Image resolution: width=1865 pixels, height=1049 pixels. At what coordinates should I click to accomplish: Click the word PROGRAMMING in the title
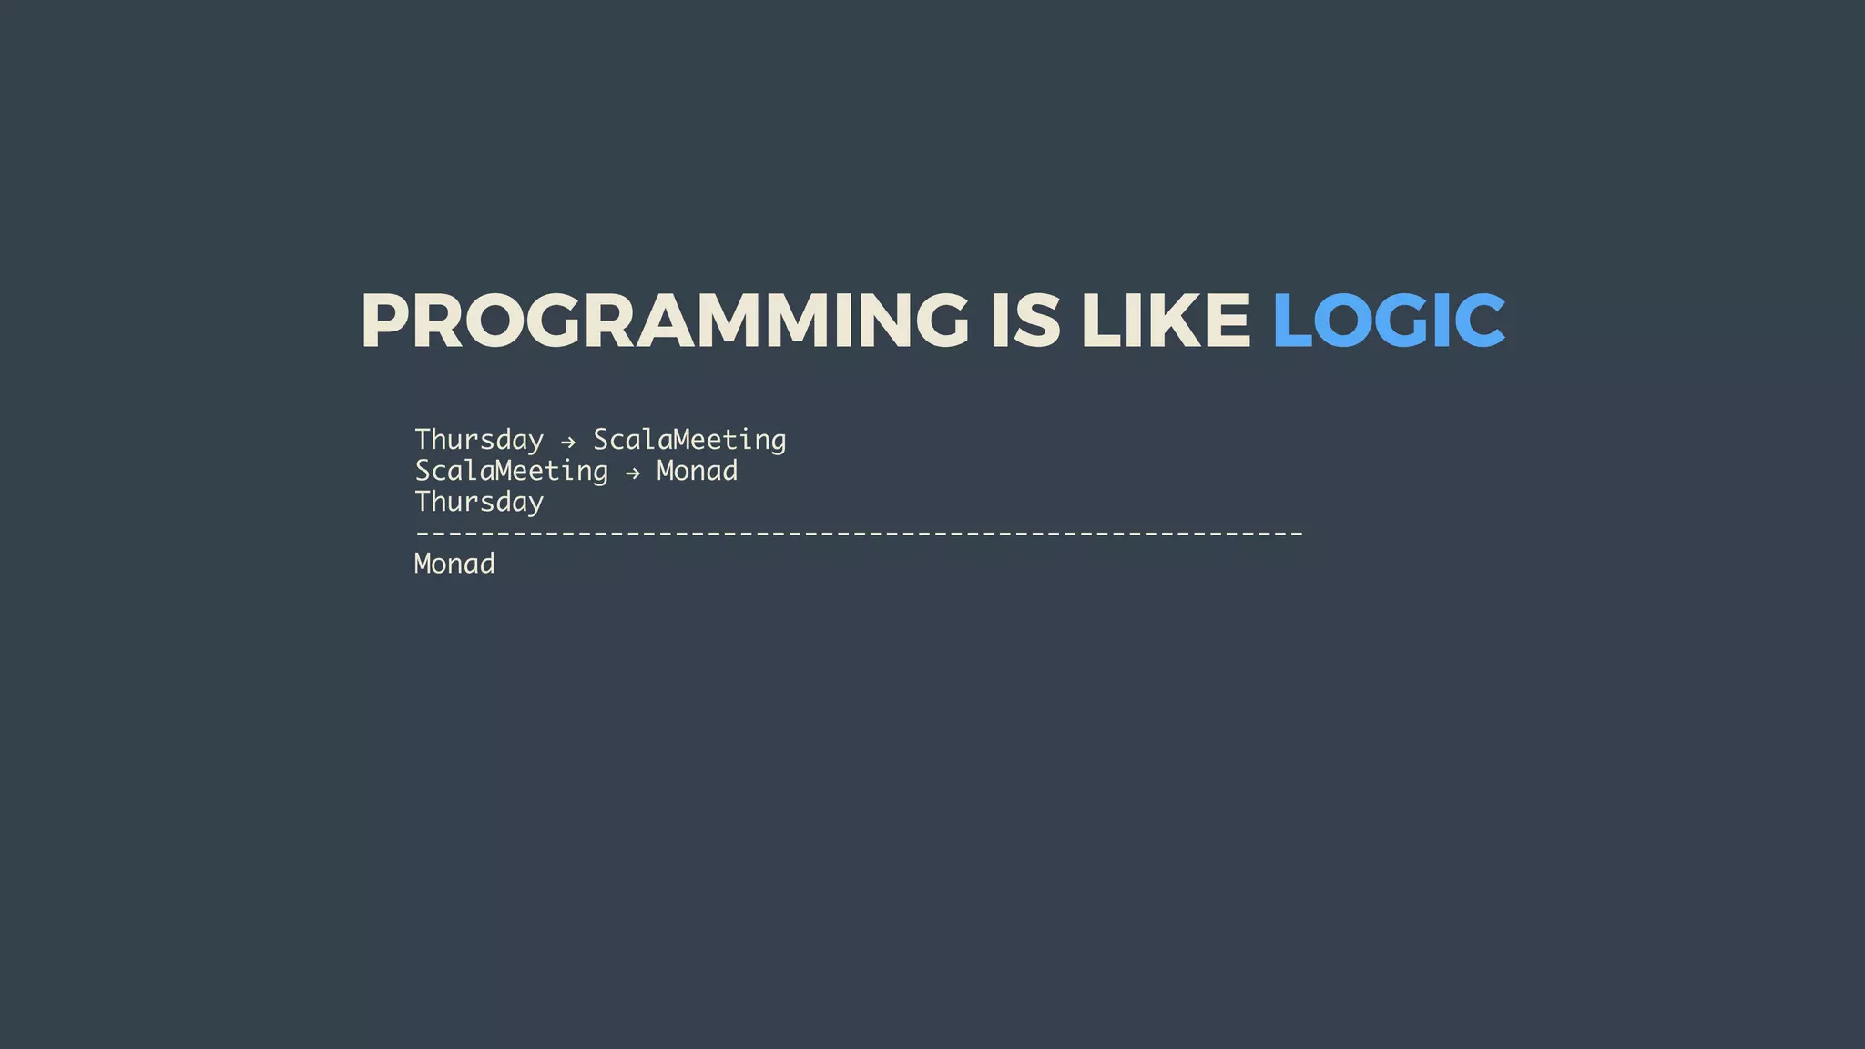tap(665, 321)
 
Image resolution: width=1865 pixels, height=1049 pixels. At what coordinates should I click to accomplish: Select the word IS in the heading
tap(1025, 321)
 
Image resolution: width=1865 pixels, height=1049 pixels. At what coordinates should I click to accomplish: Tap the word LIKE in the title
tap(1166, 321)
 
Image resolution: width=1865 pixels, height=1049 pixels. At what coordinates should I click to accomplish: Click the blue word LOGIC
tap(1388, 321)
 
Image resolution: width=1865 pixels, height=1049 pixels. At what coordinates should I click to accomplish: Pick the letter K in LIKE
tap(1175, 321)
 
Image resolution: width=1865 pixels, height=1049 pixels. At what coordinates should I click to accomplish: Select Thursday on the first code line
tap(479, 441)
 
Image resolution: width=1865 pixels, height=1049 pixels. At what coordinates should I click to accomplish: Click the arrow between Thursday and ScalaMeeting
tap(568, 443)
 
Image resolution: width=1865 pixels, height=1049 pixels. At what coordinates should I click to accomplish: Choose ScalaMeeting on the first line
tap(689, 441)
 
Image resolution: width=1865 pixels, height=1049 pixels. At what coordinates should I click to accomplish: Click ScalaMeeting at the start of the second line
tap(511, 472)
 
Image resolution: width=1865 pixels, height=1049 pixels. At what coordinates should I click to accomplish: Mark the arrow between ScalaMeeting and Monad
tap(633, 474)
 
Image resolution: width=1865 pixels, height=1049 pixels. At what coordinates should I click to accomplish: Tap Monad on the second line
tap(697, 472)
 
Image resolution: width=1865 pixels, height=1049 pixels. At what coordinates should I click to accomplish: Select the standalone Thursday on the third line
tap(479, 503)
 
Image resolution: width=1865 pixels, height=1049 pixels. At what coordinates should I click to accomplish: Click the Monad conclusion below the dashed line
tap(454, 565)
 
